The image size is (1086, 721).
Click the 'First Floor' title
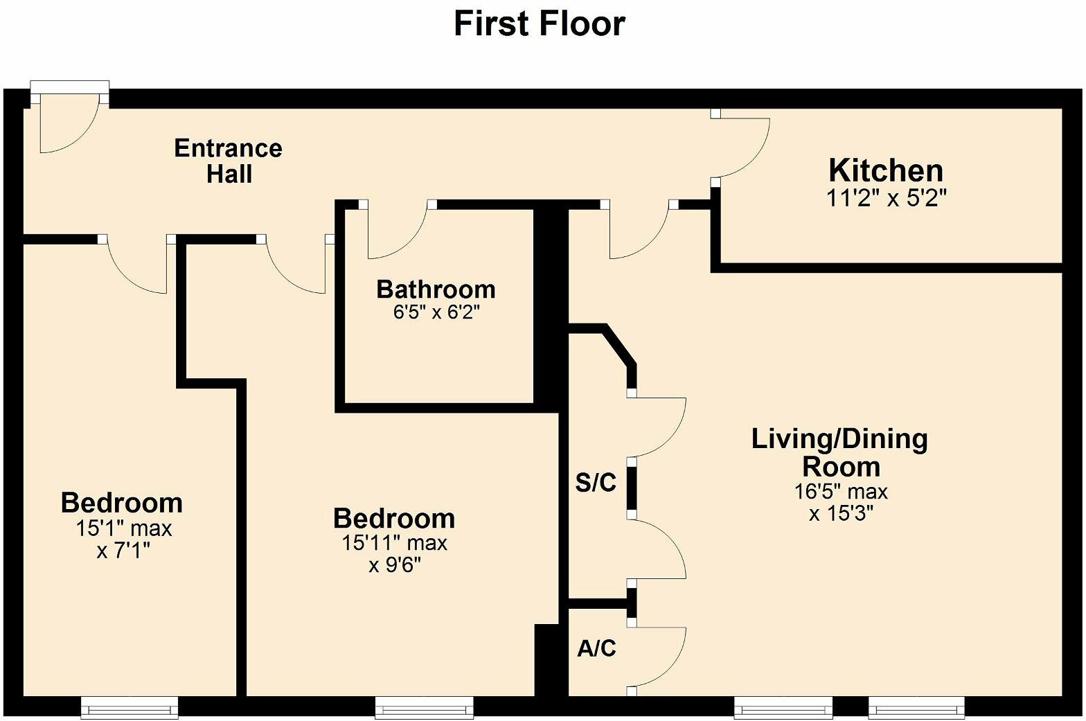[x=539, y=24]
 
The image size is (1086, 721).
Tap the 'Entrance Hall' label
[x=228, y=161]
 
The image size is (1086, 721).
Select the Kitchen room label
[x=886, y=170]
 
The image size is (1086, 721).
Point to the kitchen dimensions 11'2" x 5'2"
[x=886, y=199]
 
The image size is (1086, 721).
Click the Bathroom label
[x=436, y=289]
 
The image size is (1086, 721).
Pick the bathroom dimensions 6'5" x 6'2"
[x=436, y=312]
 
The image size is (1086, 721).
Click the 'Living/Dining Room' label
[x=840, y=452]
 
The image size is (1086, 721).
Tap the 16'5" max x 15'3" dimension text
[x=841, y=503]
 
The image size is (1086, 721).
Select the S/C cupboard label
[x=596, y=483]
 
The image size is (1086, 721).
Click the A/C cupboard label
[x=596, y=649]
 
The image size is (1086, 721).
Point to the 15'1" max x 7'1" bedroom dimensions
[x=123, y=540]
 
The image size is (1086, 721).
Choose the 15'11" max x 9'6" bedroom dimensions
[x=394, y=554]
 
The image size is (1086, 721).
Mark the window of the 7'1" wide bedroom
[x=130, y=707]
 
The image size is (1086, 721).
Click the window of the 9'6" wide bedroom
[x=424, y=707]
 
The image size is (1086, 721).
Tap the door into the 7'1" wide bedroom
[x=135, y=267]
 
